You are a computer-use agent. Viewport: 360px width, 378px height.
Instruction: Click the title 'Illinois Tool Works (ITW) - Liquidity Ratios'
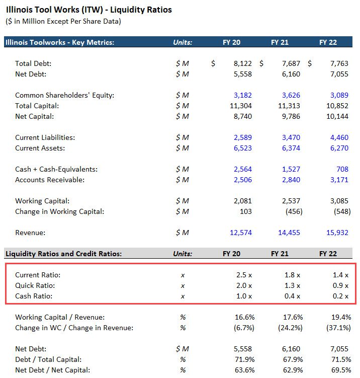(88, 10)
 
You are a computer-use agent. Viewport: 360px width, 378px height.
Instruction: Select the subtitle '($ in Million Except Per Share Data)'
(63, 21)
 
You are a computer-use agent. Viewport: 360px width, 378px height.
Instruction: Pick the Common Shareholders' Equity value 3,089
(340, 95)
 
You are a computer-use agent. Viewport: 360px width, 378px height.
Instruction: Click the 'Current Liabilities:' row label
(45, 137)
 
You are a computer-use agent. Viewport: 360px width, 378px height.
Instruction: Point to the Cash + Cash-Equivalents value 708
(343, 169)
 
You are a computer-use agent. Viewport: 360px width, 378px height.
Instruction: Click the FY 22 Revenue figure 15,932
(338, 233)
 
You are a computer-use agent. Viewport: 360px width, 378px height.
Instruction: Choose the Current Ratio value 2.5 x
(244, 275)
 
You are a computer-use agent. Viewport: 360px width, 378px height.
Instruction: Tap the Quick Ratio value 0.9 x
(340, 285)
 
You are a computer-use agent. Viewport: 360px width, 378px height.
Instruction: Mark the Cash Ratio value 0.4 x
(292, 296)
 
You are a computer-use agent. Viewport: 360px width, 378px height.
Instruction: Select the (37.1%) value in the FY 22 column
(338, 328)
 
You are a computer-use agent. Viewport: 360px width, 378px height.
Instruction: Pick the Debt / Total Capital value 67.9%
(291, 359)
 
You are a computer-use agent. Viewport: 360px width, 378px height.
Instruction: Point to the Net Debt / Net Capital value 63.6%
(242, 370)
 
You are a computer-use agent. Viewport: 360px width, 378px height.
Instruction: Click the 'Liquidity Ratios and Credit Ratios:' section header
(63, 254)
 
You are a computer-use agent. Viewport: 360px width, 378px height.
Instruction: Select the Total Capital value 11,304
(240, 106)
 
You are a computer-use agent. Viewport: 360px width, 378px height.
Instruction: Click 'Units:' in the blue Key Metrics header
(183, 42)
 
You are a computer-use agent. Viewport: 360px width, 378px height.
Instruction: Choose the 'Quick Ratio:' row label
(35, 285)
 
